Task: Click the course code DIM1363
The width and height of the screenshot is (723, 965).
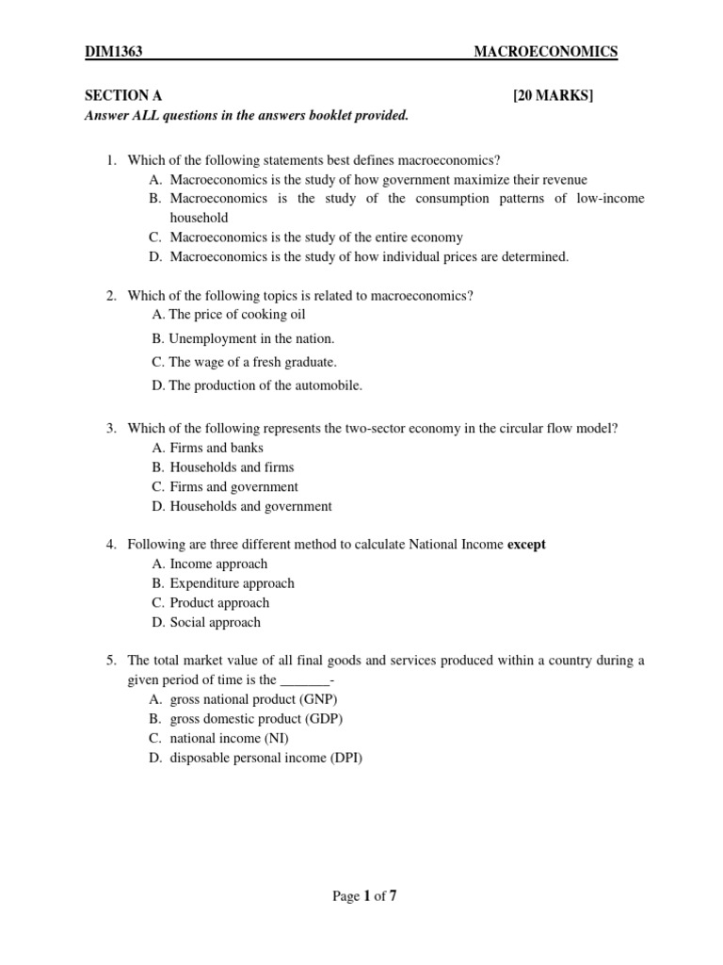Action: (113, 52)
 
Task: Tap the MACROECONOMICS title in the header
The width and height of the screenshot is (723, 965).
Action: (546, 52)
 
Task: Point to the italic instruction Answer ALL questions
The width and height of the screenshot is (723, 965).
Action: (247, 115)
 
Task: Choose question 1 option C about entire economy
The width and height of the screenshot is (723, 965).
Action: (316, 237)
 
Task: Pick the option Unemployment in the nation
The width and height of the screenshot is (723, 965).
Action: (251, 338)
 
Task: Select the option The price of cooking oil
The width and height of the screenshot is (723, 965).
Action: (236, 315)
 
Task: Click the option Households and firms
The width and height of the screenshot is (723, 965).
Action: (232, 467)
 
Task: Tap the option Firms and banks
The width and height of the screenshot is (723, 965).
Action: (217, 448)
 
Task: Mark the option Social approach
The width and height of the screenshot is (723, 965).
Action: (215, 622)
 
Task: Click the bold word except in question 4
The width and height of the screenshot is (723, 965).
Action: (526, 545)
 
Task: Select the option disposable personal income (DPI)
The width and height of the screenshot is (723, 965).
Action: (265, 758)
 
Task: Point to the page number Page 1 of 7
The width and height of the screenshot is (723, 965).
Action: (365, 896)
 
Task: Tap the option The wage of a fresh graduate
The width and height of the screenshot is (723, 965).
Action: (251, 362)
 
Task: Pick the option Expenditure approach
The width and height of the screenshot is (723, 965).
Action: (232, 583)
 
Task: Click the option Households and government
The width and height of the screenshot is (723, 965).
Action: (250, 506)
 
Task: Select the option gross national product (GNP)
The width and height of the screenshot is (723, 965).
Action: (253, 699)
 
